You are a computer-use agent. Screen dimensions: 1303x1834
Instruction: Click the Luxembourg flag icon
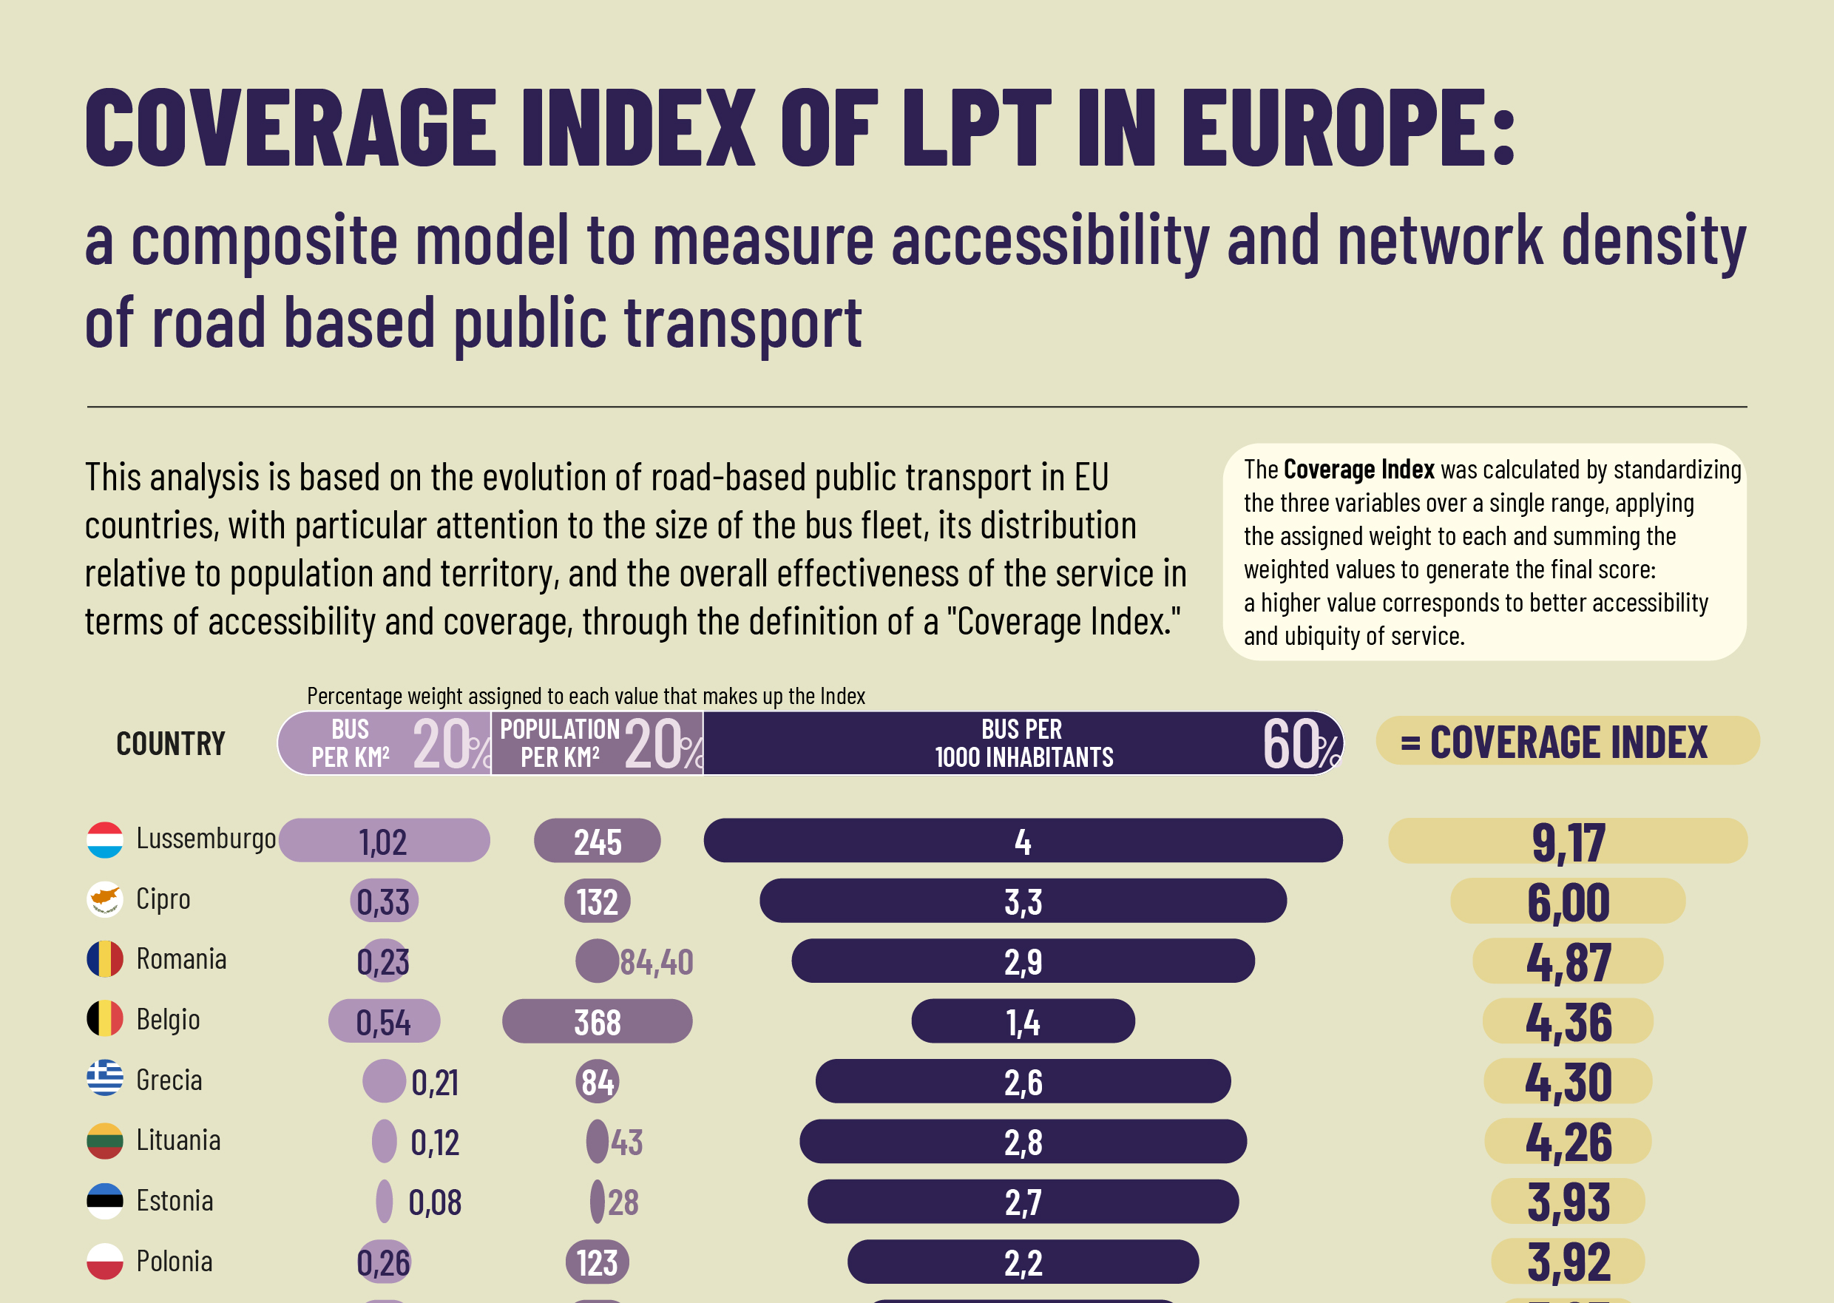104,840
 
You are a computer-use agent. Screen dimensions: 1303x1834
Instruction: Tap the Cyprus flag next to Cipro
104,899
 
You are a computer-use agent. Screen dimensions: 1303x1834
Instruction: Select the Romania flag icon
104,960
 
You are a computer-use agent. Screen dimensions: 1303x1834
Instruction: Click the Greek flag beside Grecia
104,1080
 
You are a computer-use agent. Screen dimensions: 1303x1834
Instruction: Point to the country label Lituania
178,1140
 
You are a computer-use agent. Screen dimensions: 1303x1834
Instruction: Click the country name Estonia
175,1201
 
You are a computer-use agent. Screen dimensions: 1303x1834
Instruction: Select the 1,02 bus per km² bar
384,841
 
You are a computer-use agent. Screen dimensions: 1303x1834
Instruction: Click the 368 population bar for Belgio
597,1021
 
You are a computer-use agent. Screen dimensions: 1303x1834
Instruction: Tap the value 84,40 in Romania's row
656,962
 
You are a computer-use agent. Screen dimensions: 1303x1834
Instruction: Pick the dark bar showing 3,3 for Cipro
1023,901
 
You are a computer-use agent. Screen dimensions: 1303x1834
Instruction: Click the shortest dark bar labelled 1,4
1023,1021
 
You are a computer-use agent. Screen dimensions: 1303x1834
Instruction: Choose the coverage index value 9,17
1568,842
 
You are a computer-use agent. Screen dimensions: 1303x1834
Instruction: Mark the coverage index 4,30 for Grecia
1568,1082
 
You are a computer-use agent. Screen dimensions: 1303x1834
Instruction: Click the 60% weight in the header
1299,744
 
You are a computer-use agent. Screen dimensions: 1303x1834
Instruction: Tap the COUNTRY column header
170,744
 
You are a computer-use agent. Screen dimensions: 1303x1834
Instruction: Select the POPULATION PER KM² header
560,744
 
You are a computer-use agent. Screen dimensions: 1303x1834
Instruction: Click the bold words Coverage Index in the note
1358,470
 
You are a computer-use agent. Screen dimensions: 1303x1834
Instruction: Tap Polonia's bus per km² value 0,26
384,1262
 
